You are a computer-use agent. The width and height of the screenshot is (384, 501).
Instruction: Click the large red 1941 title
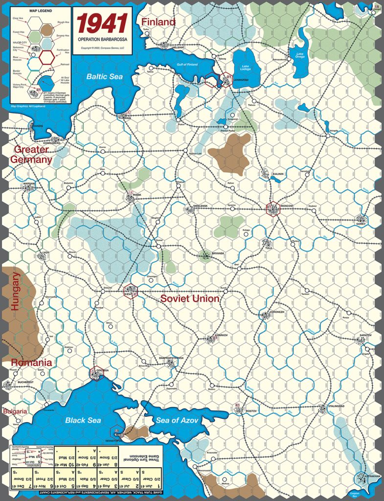[x=103, y=24]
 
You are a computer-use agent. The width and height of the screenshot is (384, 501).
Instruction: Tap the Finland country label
[x=158, y=22]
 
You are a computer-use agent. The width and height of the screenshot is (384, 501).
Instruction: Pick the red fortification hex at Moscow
[x=272, y=209]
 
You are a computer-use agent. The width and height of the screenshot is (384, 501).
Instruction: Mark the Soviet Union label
[x=190, y=298]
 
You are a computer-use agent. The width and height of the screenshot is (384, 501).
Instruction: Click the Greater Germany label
[x=33, y=154]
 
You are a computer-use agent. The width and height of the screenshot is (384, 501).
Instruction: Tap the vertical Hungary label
[x=16, y=292]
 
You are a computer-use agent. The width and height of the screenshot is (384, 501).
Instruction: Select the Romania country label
[x=31, y=363]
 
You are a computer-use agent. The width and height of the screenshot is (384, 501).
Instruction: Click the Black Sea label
[x=83, y=420]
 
